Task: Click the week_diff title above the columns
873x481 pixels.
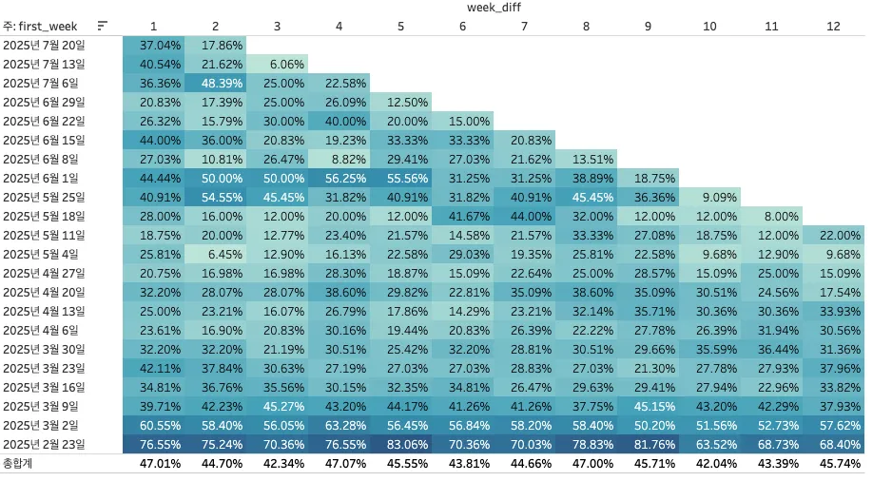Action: pyautogui.click(x=495, y=8)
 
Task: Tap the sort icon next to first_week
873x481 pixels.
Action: pyautogui.click(x=103, y=26)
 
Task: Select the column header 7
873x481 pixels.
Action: pyautogui.click(x=524, y=26)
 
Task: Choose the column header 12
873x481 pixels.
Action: pyautogui.click(x=833, y=26)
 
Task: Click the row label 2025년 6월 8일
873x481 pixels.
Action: pyautogui.click(x=44, y=159)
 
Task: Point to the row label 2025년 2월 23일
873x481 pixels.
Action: pyautogui.click(x=44, y=444)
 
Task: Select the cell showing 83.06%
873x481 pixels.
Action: pyautogui.click(x=400, y=444)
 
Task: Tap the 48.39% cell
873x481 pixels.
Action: pyautogui.click(x=215, y=83)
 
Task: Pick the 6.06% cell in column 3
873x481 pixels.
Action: pyautogui.click(x=277, y=64)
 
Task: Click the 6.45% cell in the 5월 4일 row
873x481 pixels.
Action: pyautogui.click(x=215, y=254)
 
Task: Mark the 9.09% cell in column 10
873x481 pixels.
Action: pyautogui.click(x=709, y=197)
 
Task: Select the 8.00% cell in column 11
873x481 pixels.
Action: pyautogui.click(x=771, y=216)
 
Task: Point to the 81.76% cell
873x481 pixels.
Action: pyautogui.click(x=648, y=444)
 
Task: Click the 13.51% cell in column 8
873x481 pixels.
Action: pyautogui.click(x=586, y=159)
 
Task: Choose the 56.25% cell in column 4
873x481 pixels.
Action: pyautogui.click(x=339, y=178)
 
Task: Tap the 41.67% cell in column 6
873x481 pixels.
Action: pyautogui.click(x=462, y=216)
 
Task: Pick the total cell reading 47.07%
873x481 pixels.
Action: pyautogui.click(x=339, y=464)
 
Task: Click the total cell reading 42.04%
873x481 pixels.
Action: pyautogui.click(x=709, y=464)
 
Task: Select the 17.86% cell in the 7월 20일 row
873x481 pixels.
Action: pyautogui.click(x=215, y=45)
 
